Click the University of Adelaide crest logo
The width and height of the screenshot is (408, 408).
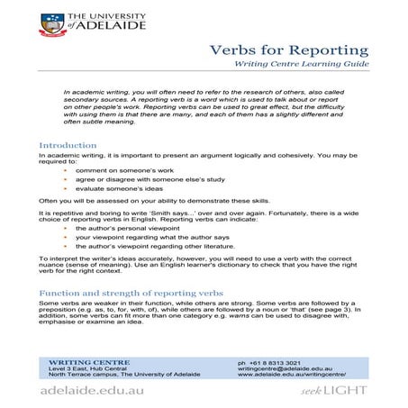point(50,24)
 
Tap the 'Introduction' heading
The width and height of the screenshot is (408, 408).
point(68,145)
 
